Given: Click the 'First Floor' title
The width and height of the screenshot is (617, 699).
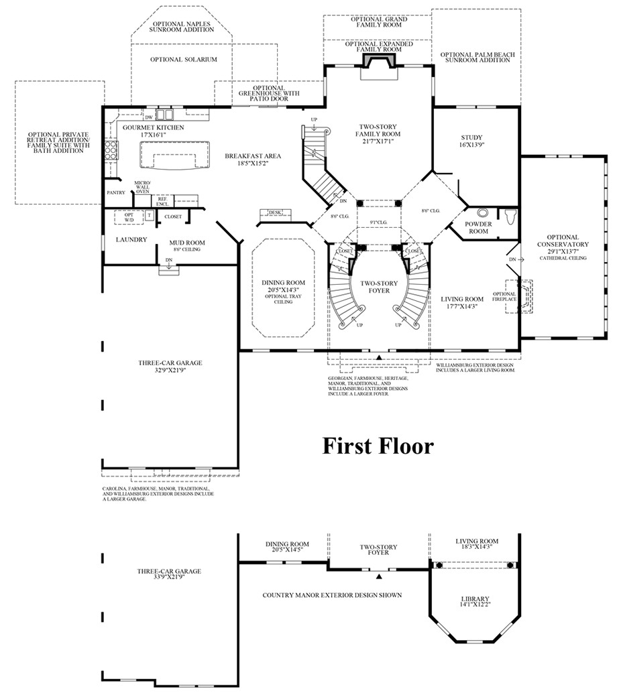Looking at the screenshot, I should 378,446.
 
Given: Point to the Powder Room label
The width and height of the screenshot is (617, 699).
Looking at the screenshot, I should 478,227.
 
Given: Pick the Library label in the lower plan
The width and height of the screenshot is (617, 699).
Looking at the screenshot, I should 475,599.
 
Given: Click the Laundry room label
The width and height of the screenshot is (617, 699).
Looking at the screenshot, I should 131,239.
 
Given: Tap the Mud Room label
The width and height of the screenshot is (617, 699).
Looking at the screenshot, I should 187,243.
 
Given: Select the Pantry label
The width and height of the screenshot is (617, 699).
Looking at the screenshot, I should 116,193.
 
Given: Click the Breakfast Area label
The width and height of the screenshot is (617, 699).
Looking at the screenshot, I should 253,155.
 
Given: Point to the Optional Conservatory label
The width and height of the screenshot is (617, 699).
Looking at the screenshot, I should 562,241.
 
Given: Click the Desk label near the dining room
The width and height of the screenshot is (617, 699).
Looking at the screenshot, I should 274,212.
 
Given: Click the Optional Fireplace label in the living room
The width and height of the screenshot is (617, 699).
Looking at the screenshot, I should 504,296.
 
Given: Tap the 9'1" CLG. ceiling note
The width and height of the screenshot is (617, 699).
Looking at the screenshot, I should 379,222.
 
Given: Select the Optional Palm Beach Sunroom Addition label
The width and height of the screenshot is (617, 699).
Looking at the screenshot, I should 475,56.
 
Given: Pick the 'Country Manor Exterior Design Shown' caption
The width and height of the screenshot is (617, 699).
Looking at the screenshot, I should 332,594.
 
